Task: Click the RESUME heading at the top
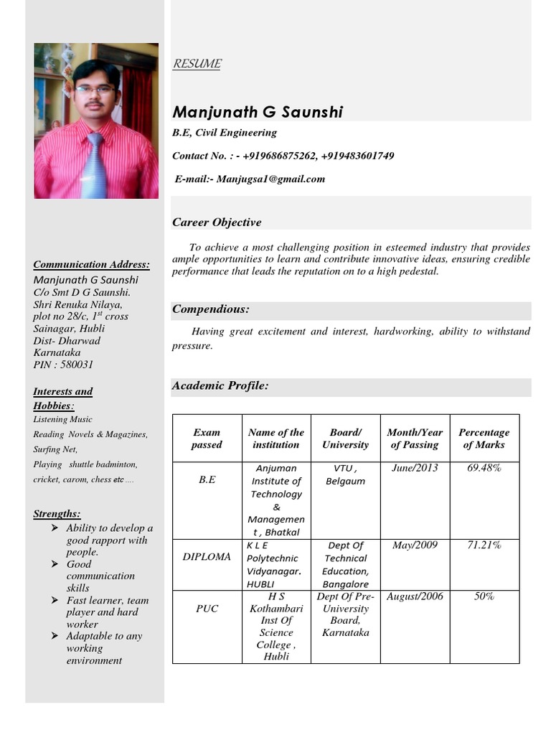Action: (197, 64)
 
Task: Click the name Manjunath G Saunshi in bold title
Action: (258, 112)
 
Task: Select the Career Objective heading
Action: (217, 222)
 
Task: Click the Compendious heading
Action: (210, 309)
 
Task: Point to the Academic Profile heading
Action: (220, 386)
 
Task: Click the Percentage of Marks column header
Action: (484, 439)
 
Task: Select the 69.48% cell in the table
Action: (484, 469)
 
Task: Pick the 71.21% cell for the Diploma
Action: (484, 546)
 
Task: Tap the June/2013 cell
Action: (415, 469)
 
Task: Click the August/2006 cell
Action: (415, 596)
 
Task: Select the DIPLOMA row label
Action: (207, 557)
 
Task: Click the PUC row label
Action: (207, 609)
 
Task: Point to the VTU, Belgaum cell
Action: (345, 474)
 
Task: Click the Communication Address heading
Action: (92, 264)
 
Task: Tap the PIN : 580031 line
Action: (64, 365)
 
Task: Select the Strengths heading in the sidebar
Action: (57, 514)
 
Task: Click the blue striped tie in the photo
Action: (95, 169)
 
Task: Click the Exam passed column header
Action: (207, 439)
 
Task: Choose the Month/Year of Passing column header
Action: (415, 439)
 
